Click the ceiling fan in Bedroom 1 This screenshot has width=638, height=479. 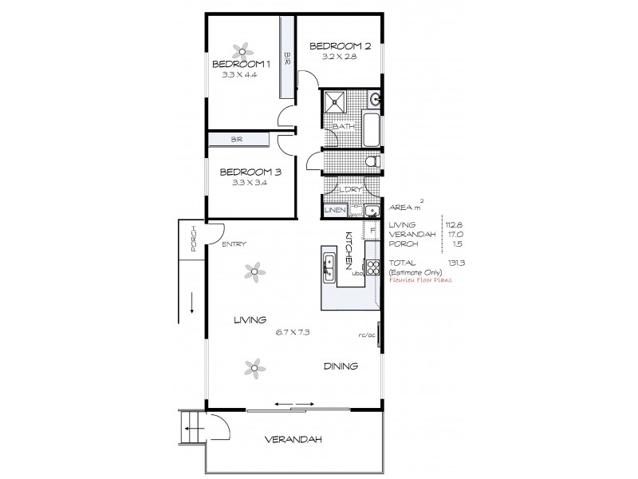241,48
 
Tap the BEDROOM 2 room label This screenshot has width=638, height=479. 338,46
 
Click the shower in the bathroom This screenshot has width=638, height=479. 337,105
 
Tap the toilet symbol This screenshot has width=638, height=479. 371,162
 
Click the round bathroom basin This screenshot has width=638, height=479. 376,101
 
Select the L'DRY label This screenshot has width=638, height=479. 351,189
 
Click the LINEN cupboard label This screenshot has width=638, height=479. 334,210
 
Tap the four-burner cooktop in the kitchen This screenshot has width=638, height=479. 371,268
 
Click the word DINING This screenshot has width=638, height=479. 341,366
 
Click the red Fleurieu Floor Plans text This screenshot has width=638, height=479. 419,281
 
